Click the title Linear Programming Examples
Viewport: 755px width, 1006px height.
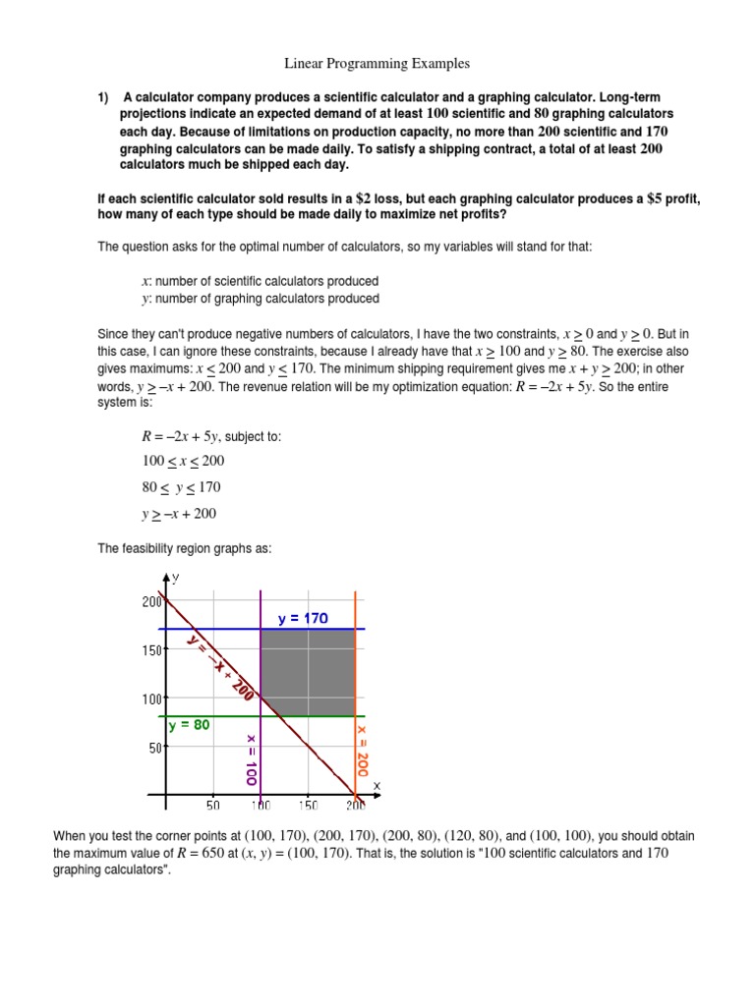(377, 64)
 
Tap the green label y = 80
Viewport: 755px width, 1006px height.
(188, 725)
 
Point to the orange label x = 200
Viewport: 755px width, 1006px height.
(362, 752)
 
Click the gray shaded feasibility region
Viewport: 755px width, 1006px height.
(307, 673)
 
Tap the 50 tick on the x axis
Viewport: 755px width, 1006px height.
(212, 806)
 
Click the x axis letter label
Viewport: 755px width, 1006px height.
(376, 785)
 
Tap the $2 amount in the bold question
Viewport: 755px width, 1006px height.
(395, 198)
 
